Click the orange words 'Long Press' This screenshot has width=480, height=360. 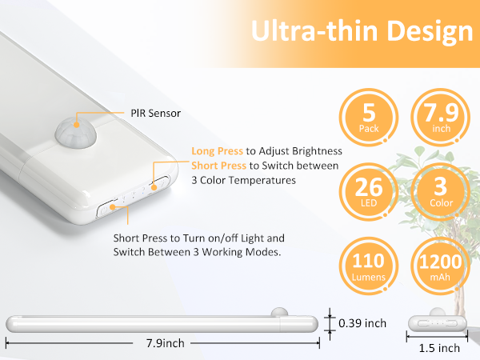click(218, 151)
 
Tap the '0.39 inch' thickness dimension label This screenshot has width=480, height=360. click(362, 323)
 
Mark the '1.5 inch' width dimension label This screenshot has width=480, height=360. click(439, 348)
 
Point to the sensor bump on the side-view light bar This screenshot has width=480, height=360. click(279, 313)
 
